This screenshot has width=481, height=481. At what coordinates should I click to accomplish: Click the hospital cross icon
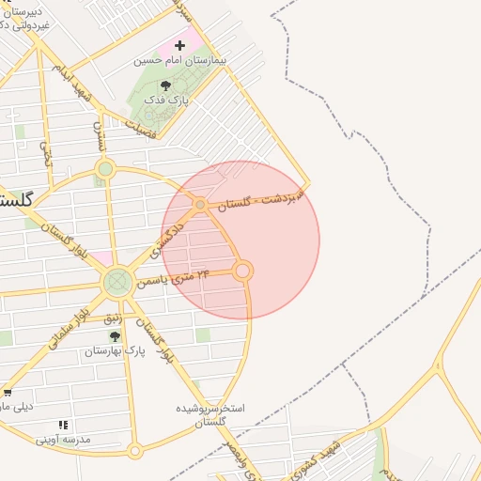coord(179,45)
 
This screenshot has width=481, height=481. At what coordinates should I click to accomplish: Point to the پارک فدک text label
coord(172,99)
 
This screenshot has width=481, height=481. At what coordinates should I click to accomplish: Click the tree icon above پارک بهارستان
coord(115,336)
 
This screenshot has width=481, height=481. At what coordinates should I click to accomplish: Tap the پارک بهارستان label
coord(111,351)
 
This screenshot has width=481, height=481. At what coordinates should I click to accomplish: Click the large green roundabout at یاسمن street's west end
coord(118,280)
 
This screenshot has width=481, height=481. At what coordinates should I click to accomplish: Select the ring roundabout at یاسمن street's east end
coord(242,271)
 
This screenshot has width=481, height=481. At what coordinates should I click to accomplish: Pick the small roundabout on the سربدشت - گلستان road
coord(199,204)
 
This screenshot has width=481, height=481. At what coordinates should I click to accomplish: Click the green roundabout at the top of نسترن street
coord(105,169)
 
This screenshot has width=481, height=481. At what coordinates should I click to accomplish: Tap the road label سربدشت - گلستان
coord(263,198)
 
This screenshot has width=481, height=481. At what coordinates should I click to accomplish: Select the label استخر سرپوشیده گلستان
coord(212,416)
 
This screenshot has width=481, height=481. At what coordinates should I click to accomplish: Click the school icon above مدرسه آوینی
coord(63,425)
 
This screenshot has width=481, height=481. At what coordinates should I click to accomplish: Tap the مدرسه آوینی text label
coord(63,439)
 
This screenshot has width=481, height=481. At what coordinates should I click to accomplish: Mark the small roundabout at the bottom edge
coord(135,451)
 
